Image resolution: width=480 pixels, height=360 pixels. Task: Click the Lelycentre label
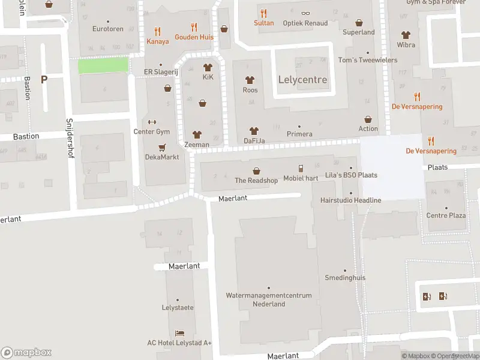[303, 80]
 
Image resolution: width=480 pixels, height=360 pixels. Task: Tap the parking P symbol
[44, 79]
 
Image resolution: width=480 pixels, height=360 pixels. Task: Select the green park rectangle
[104, 65]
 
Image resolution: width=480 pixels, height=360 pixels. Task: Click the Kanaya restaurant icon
[157, 32]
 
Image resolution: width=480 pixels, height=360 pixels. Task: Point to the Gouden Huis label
[194, 37]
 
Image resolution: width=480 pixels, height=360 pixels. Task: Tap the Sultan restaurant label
[263, 23]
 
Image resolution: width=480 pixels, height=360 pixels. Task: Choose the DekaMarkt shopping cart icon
[161, 147]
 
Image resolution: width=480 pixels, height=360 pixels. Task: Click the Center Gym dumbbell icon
[151, 122]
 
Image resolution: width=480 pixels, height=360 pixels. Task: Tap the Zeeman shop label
[197, 145]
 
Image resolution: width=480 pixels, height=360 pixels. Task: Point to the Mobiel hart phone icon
[301, 169]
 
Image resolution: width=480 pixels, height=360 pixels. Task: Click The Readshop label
[256, 181]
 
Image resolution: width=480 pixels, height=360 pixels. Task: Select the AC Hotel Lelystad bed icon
[179, 333]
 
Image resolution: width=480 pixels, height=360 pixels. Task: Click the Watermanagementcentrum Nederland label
[269, 299]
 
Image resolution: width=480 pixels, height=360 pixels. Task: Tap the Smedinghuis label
[345, 278]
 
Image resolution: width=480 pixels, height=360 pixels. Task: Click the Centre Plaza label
[446, 215]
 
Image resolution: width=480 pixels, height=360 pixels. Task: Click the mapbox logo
[26, 353]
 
